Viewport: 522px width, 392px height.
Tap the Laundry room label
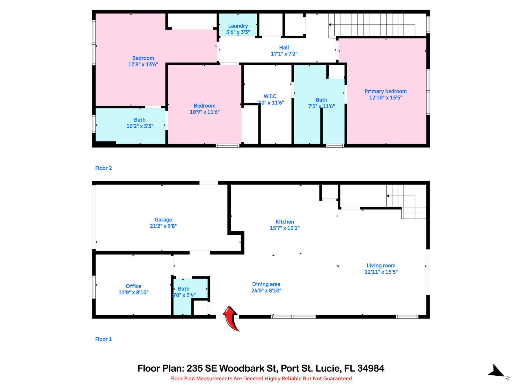point(238,26)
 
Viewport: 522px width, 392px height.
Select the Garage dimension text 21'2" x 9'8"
point(163,226)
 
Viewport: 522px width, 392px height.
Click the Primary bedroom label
point(386,91)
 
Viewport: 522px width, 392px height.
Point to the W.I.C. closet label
point(270,96)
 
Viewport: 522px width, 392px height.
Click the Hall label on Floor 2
point(284,48)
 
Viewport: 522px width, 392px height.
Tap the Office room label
point(133,286)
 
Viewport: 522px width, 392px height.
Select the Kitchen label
point(284,222)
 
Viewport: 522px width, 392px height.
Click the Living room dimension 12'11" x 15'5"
point(381,272)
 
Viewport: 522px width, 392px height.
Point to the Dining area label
point(266,284)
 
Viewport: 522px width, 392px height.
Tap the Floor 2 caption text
point(103,168)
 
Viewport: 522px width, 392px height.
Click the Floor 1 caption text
point(103,339)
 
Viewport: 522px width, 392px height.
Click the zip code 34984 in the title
point(371,368)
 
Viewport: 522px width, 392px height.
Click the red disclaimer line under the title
point(261,378)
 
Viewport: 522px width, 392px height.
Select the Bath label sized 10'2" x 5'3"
point(139,120)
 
